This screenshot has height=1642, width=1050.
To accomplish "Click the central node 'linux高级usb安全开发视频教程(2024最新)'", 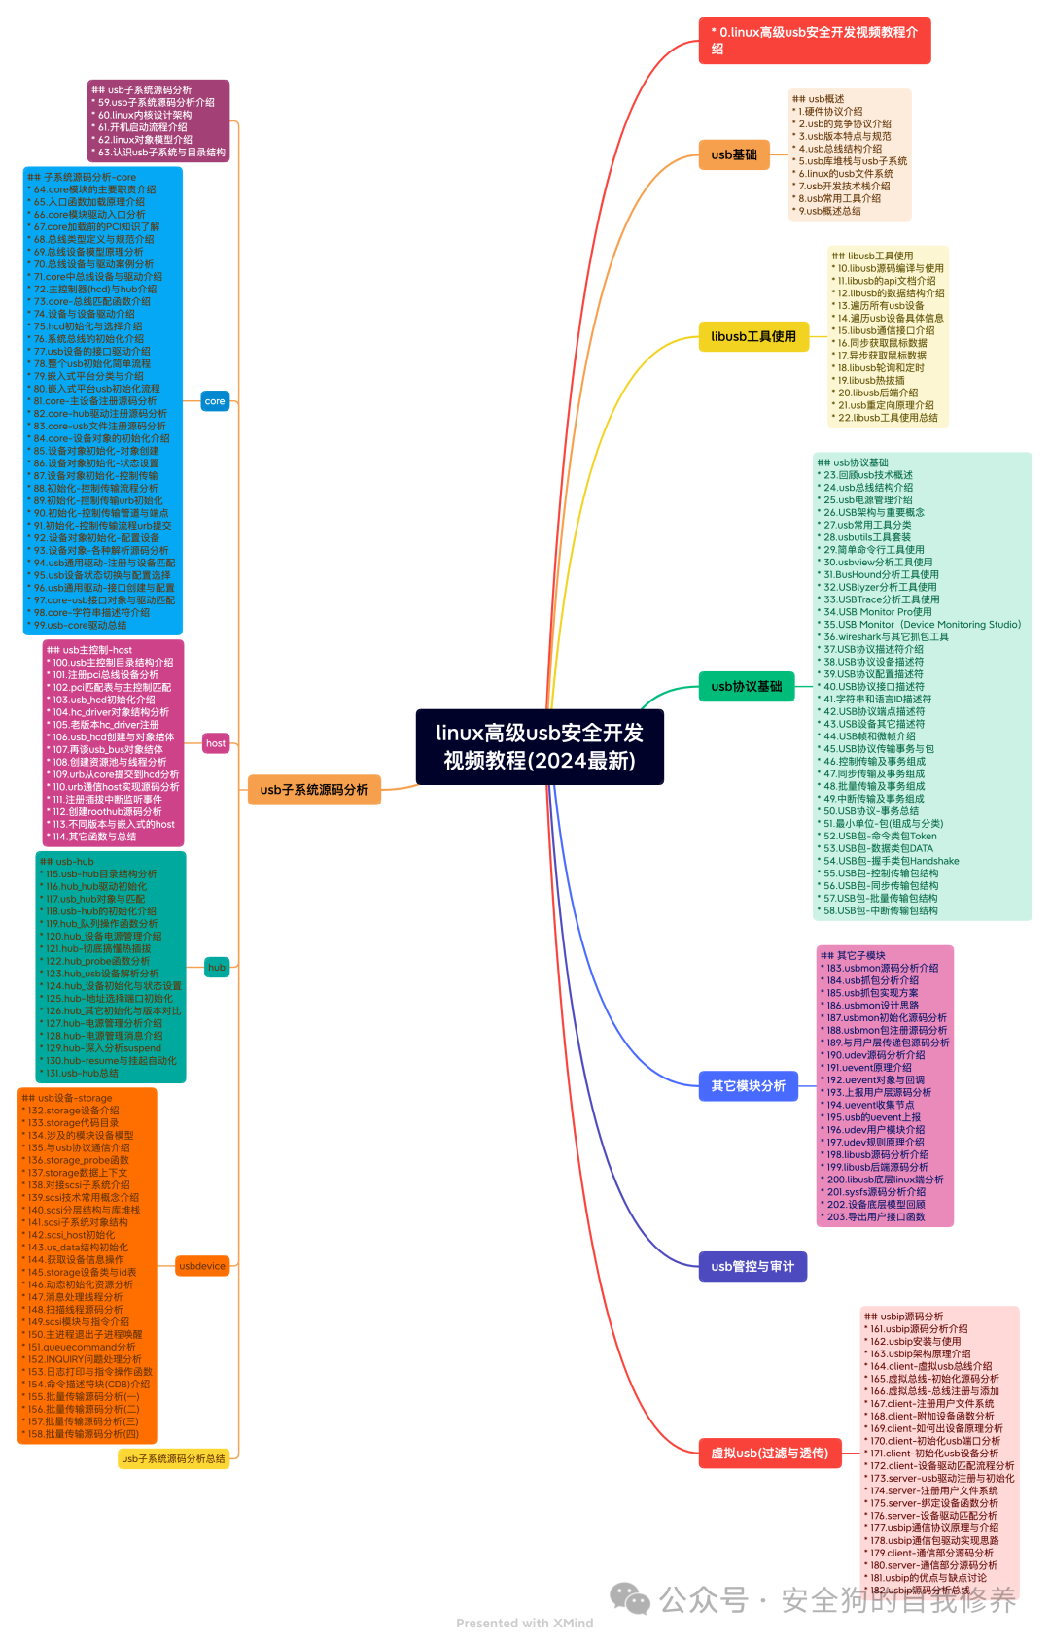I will coord(540,746).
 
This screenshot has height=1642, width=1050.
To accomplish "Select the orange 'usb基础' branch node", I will coord(734,154).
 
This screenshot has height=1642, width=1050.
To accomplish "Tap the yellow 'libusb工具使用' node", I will coord(753,337).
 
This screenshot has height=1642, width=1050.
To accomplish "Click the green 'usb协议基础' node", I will coord(746,686).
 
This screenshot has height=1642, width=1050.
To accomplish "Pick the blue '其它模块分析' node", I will coord(748,1085).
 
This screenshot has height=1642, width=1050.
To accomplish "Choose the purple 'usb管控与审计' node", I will coord(752,1266).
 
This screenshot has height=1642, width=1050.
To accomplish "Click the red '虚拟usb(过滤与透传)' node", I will coord(769,1454).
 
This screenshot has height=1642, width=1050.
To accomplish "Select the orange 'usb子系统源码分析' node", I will coord(314,790).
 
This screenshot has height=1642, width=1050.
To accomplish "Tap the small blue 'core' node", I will coord(215,401).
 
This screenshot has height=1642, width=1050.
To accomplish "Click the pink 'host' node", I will coord(216,743).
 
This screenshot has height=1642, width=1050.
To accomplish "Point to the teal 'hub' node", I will coord(217,967).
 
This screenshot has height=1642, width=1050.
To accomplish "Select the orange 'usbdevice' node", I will coord(202,1266).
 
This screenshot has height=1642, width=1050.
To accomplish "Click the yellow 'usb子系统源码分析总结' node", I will coord(173,1458).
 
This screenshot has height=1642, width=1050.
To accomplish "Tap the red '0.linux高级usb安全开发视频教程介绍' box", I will coord(814,41).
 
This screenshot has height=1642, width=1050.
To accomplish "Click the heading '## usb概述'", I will coord(819,99).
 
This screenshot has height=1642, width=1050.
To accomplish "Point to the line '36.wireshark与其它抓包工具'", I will coord(886,637).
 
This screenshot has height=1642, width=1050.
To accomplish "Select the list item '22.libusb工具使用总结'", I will coord(888,418).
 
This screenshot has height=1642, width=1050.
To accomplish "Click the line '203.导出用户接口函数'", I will coord(876,1216).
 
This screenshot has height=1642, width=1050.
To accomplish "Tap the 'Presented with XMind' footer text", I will coord(524,1623).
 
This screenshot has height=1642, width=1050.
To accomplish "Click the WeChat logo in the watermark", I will coord(630,1598).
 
